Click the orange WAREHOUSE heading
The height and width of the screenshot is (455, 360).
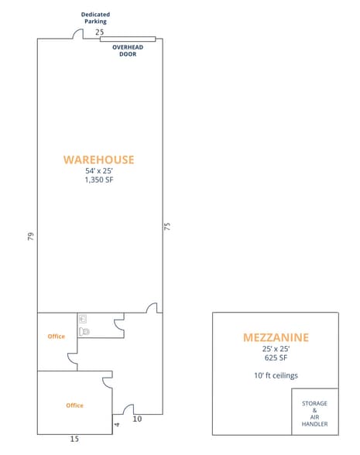click(x=99, y=159)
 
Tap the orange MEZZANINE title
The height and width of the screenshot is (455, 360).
click(x=276, y=337)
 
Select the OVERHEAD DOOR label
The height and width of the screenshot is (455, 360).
click(x=128, y=50)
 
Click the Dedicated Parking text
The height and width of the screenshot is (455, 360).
click(x=95, y=18)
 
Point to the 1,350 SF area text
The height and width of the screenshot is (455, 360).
click(x=99, y=180)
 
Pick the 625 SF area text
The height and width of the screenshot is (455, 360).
click(x=276, y=357)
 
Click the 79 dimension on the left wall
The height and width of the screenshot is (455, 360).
click(x=31, y=236)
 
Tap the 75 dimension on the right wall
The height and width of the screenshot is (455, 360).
click(x=167, y=226)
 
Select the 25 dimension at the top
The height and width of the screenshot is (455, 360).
click(x=100, y=32)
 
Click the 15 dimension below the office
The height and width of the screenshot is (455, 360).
click(x=74, y=439)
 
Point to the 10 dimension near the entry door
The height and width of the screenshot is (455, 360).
click(x=137, y=419)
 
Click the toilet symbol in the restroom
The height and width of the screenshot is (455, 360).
click(x=84, y=331)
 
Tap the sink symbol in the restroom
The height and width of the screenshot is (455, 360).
click(x=83, y=319)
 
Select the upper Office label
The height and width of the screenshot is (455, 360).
click(x=57, y=337)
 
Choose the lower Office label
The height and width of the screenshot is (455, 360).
click(x=74, y=405)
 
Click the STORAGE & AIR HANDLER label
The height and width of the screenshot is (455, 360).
click(x=314, y=413)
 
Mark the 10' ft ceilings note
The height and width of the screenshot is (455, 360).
click(x=276, y=375)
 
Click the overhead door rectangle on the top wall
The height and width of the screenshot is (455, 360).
click(x=128, y=39)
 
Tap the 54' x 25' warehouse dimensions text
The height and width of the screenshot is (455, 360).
click(x=99, y=171)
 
